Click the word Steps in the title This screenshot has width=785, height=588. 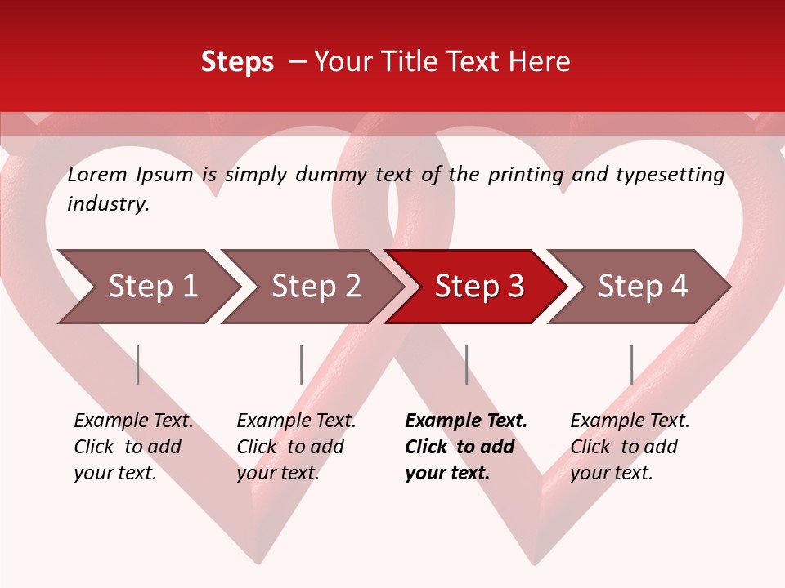point(237,62)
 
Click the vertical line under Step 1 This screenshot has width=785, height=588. point(138,364)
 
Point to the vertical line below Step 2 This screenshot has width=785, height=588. point(302,364)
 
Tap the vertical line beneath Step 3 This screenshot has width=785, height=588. point(466,364)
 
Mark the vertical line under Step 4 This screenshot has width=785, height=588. point(631,364)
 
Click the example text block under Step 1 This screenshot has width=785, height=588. point(133,447)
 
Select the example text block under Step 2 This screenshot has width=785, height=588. point(296,447)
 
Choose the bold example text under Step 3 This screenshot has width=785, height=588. point(466,447)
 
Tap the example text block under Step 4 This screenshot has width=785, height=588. point(630,447)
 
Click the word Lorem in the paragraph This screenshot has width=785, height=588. point(96,175)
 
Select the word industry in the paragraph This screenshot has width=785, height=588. point(108,204)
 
